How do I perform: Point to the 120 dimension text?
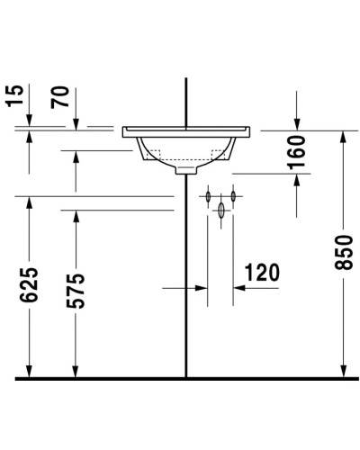(x=261, y=272)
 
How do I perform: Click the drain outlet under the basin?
(x=186, y=168)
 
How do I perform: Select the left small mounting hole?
(x=208, y=195)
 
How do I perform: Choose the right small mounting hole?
(x=232, y=195)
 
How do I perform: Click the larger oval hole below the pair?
(x=220, y=211)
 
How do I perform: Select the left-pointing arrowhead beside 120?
(x=239, y=289)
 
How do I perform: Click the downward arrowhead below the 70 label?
(x=76, y=123)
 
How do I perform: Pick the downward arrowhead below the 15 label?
(x=30, y=123)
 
